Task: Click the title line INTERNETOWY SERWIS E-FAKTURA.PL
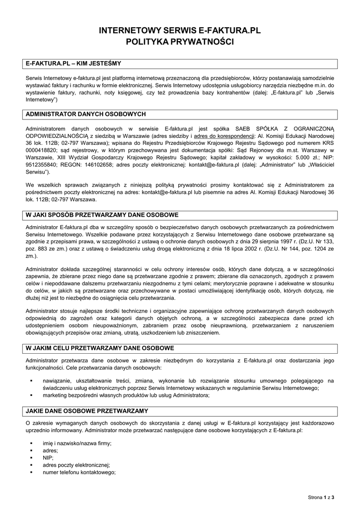pyautogui.click(x=180, y=31)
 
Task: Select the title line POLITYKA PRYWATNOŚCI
pyautogui.click(x=180, y=42)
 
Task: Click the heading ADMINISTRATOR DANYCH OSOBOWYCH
pyautogui.click(x=85, y=114)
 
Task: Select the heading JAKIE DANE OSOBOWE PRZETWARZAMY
pyautogui.click(x=86, y=411)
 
